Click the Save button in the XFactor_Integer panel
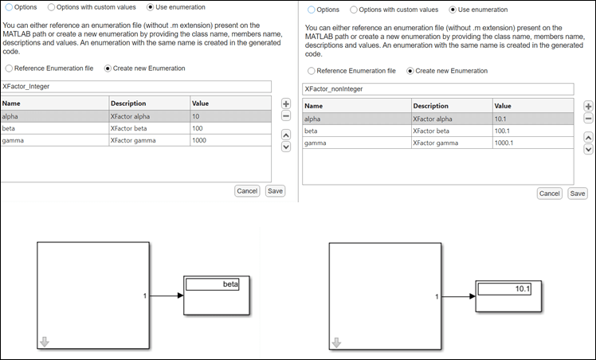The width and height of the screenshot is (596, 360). (x=275, y=191)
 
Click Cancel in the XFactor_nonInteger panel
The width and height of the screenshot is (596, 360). (x=550, y=194)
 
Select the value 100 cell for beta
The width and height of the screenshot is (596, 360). (x=230, y=128)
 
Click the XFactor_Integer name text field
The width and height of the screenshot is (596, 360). (x=136, y=86)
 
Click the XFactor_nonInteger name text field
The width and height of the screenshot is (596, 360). (x=437, y=89)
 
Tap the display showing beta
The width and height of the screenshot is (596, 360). (x=217, y=284)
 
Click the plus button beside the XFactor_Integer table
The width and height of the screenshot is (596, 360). (x=286, y=104)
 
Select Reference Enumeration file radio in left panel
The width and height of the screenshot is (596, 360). (x=9, y=68)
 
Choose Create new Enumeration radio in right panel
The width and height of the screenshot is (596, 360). (x=411, y=71)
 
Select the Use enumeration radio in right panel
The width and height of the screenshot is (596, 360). (x=453, y=10)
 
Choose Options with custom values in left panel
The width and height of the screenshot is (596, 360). (x=53, y=7)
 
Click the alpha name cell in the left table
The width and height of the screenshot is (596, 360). (x=54, y=115)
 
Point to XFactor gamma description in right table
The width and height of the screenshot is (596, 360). (x=452, y=143)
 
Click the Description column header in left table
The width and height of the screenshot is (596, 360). (x=149, y=103)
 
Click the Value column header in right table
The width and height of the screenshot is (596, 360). (x=531, y=106)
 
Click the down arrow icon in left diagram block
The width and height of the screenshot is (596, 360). (x=45, y=342)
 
